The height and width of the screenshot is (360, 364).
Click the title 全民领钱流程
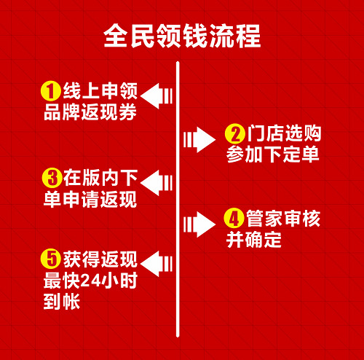(182, 36)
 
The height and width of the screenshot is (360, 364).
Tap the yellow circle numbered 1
(51, 91)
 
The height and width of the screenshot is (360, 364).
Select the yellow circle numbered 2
(235, 133)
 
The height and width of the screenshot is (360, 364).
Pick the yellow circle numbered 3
(52, 178)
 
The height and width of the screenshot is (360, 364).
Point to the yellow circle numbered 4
(234, 218)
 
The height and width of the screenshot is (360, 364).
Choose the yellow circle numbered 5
(51, 259)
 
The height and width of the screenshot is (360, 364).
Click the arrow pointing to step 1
(157, 95)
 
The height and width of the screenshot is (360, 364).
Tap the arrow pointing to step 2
(199, 139)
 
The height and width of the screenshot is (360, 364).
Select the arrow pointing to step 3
(157, 183)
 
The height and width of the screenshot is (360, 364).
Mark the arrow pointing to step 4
(199, 224)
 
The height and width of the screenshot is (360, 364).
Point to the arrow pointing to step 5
(157, 264)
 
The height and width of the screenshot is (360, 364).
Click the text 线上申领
(100, 91)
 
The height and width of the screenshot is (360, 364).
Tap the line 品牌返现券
(90, 112)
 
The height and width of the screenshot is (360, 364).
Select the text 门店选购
(284, 133)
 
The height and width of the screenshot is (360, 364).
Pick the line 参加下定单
(273, 154)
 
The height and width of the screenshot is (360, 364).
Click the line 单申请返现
(90, 199)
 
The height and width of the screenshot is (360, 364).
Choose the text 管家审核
(283, 219)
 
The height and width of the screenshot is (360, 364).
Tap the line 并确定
(254, 240)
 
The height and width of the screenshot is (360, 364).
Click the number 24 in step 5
(90, 281)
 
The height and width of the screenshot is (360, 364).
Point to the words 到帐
(62, 302)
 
